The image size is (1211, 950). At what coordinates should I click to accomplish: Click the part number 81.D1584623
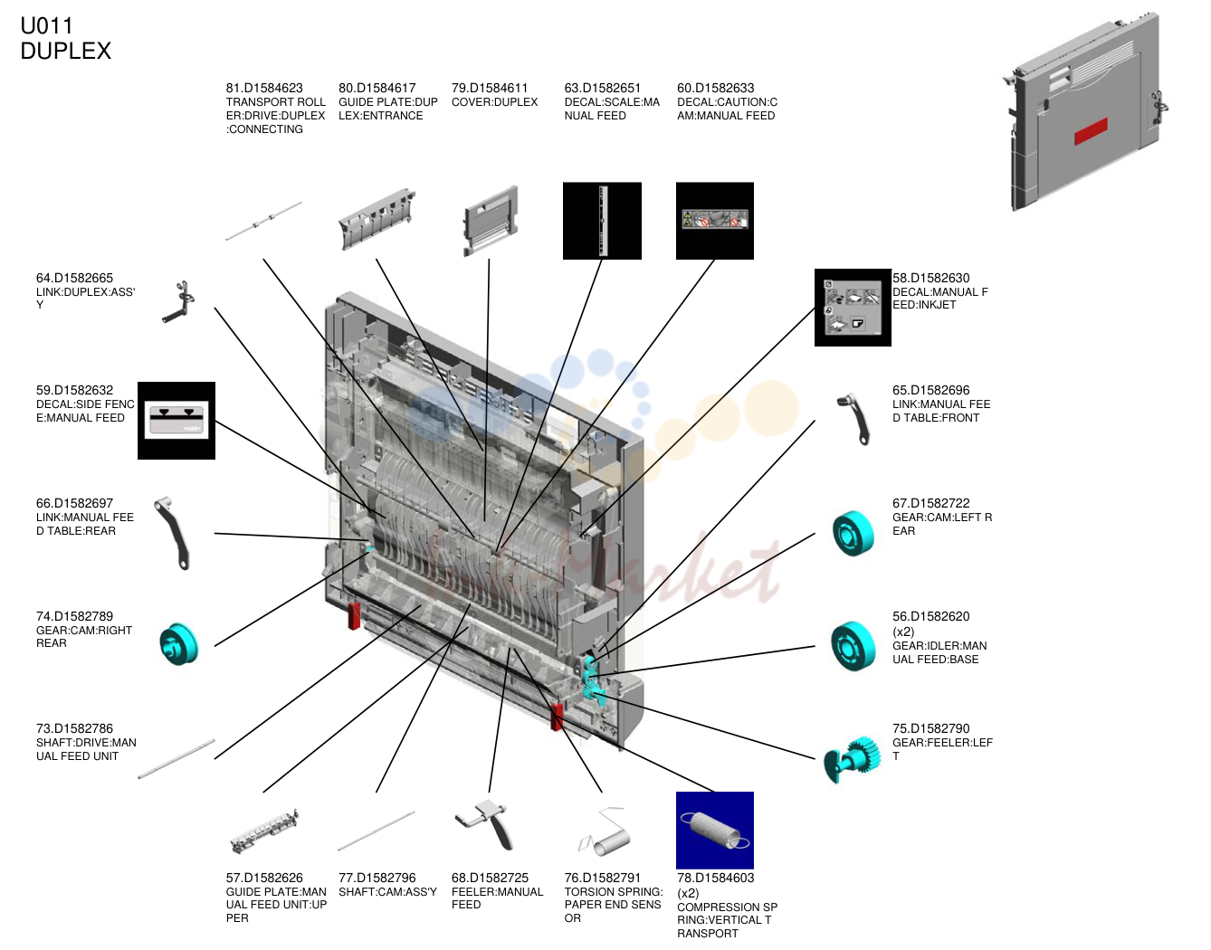[264, 88]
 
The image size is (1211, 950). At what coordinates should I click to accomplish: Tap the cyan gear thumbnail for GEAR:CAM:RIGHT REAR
[179, 643]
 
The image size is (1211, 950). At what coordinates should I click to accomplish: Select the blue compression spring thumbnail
[714, 831]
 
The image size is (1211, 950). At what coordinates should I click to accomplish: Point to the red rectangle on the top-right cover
[1091, 131]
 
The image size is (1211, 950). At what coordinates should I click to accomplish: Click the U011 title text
[46, 25]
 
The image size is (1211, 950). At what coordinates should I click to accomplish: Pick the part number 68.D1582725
[490, 879]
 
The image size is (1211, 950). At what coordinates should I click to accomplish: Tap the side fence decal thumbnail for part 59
[176, 421]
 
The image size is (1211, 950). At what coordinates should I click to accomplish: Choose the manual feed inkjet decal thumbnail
[853, 308]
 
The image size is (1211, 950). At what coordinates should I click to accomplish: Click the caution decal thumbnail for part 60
[714, 221]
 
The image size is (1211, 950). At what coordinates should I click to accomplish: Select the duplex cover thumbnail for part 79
[490, 221]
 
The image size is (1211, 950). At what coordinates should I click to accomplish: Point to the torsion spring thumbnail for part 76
[604, 831]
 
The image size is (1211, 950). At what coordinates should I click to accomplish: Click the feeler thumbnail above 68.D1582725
[486, 824]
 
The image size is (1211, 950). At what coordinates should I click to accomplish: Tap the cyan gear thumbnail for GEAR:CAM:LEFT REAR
[853, 533]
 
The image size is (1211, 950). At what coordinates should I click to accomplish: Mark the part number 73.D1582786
[75, 729]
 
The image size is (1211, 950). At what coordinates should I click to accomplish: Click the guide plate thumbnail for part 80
[377, 219]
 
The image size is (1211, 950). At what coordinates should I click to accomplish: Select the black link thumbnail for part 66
[173, 534]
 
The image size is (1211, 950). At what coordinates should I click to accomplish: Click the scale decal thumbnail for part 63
[602, 221]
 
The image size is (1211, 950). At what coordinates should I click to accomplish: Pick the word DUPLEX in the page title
[66, 52]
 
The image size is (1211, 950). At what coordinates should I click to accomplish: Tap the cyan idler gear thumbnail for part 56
[853, 646]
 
